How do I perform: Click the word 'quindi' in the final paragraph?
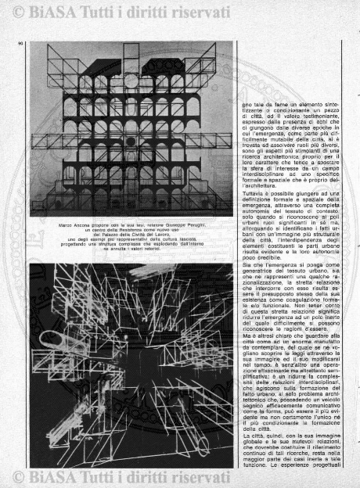[270, 432]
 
